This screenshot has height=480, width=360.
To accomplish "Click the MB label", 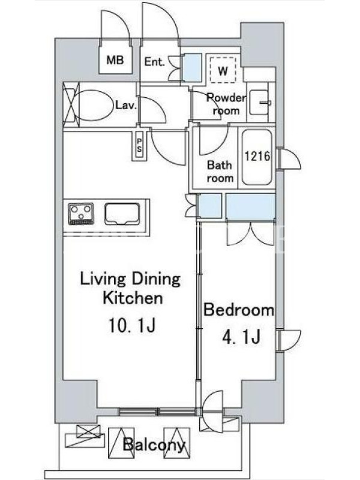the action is coord(115,60).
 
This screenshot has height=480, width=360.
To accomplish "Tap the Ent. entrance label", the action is coord(154,62).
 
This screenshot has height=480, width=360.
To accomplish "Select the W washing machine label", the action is coord(223,71).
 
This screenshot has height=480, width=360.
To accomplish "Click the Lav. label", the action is coord(125,106).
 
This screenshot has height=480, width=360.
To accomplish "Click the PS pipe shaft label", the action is coord(139,145).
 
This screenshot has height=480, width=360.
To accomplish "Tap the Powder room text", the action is coord(226,104).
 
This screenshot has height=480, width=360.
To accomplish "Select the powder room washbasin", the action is coord(260,102).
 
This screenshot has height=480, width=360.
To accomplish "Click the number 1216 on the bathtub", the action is coord(257,156).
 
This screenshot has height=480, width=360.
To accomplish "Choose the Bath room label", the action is coord(220,172).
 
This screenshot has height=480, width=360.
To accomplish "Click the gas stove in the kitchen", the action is coord(81,214).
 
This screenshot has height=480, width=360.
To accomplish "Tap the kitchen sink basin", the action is coord(122,214).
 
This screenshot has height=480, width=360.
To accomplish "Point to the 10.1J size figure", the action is coord(132,325).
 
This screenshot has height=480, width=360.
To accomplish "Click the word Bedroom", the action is coord(239,310).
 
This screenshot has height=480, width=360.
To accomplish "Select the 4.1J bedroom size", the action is coord(241,337).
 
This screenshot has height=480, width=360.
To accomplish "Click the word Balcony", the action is coord(154,445).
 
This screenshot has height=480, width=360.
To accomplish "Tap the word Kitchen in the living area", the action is coord(133,298).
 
